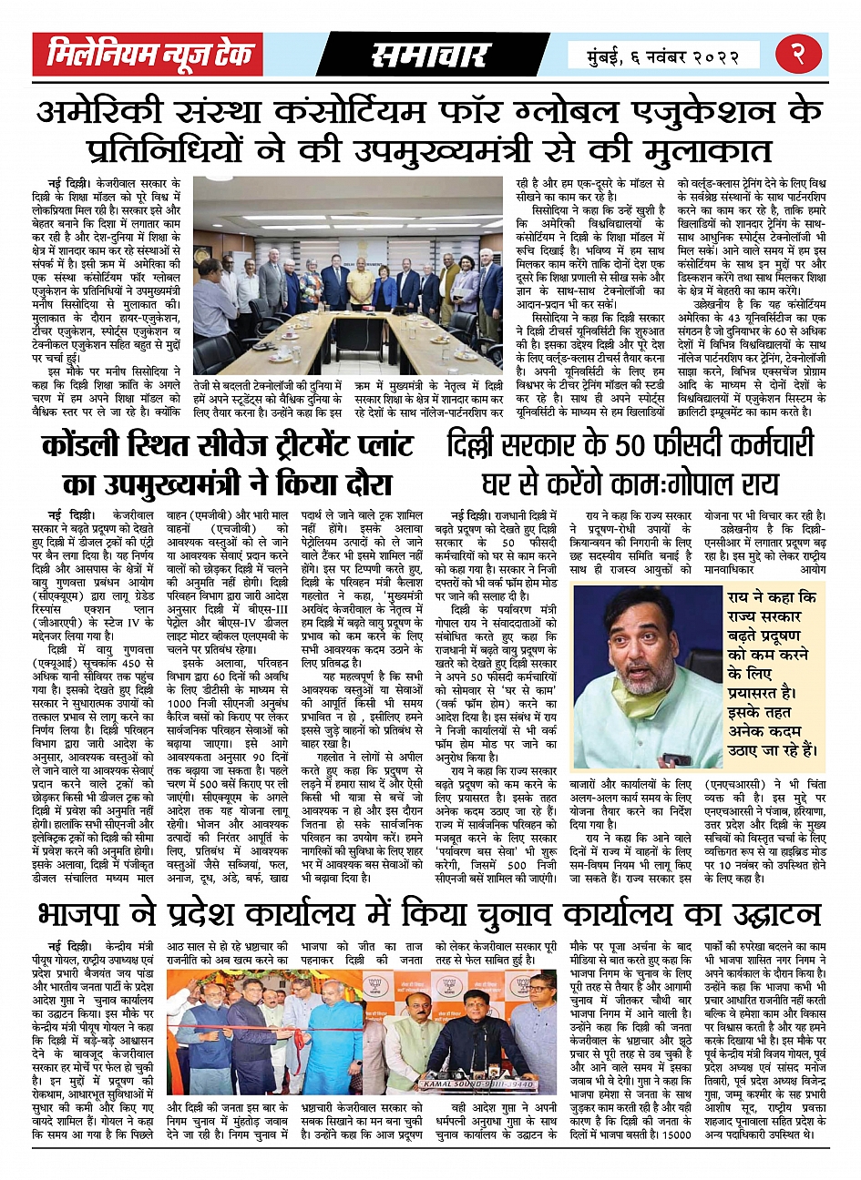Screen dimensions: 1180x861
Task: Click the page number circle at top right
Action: (802, 54)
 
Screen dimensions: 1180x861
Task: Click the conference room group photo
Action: (348, 275)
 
